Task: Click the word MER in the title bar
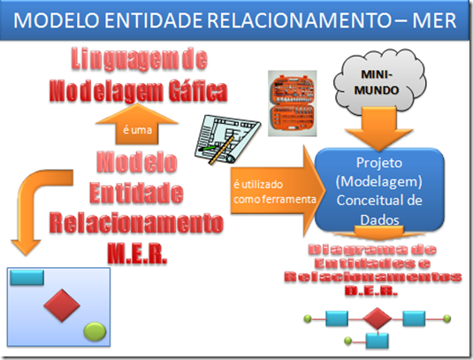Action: tap(435, 20)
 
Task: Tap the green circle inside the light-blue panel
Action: tap(95, 332)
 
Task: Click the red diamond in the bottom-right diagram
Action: tap(375, 318)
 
